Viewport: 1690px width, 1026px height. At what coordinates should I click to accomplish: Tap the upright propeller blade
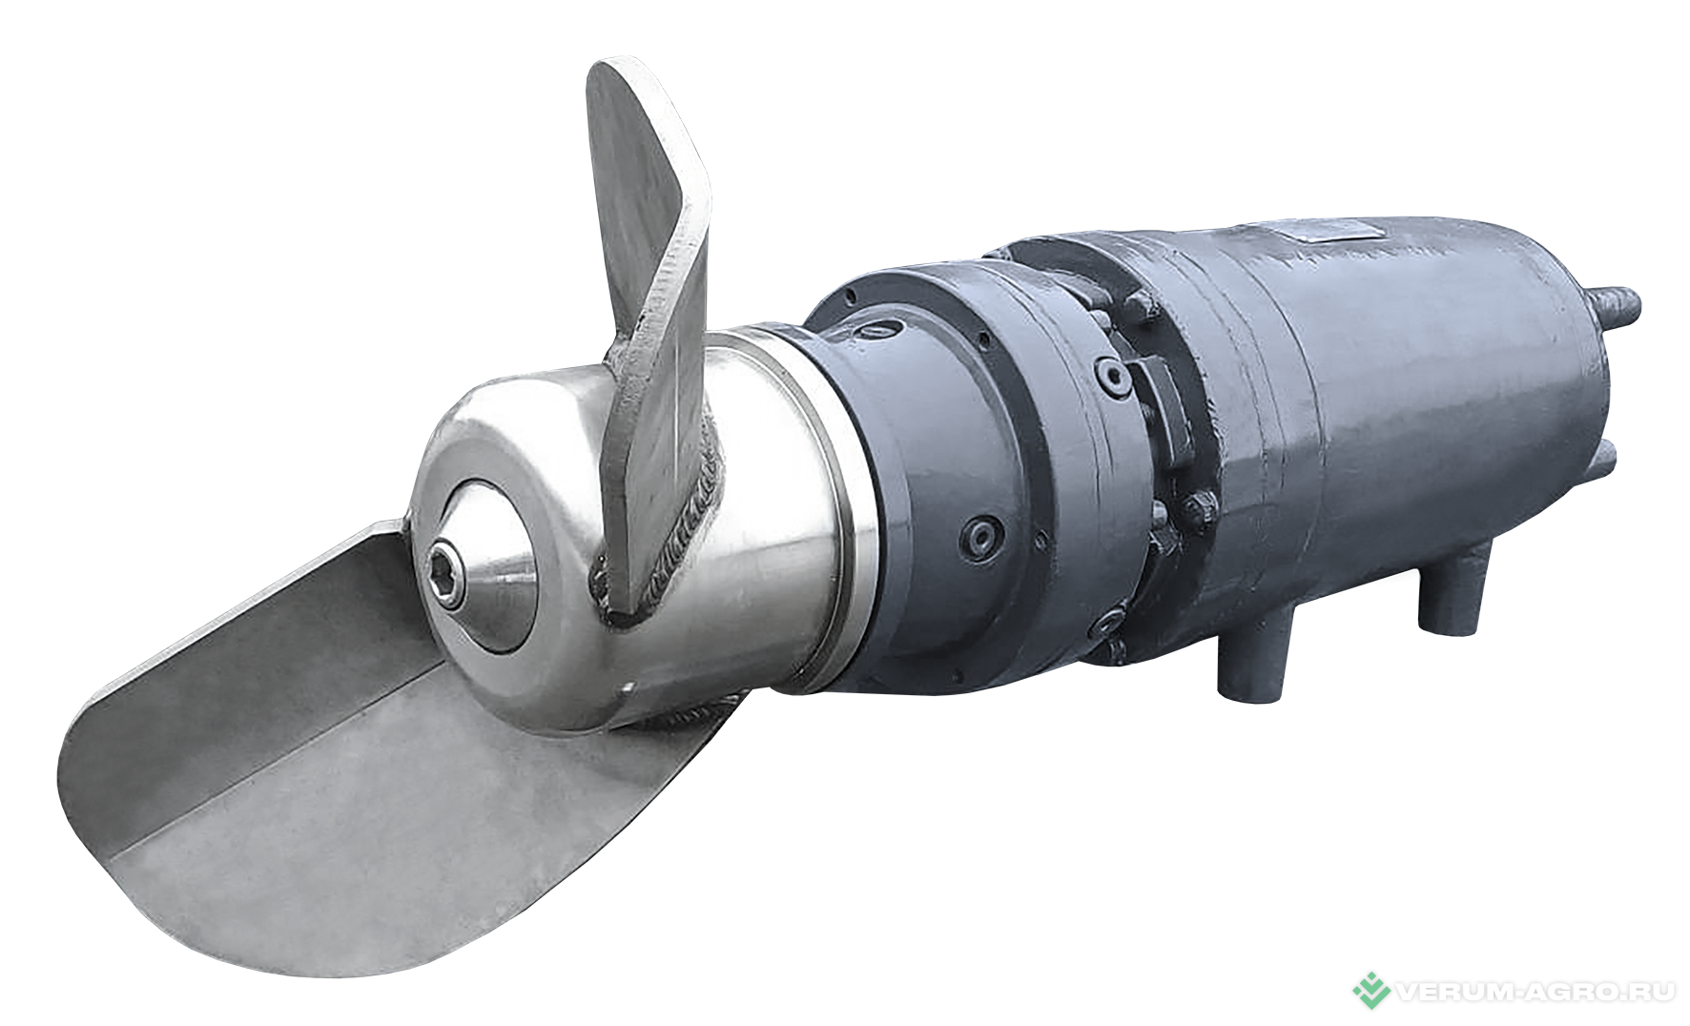(x=652, y=315)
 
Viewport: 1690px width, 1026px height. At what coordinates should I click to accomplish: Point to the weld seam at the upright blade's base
(x=687, y=534)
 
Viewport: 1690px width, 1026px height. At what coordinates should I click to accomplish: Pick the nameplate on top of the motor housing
(x=1330, y=230)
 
